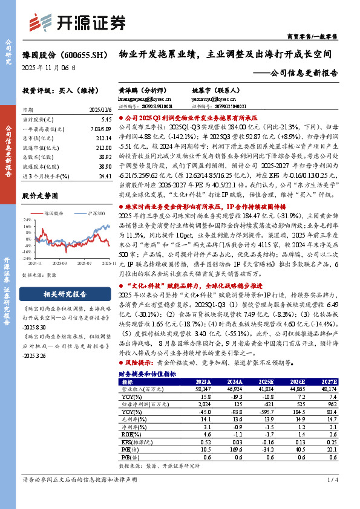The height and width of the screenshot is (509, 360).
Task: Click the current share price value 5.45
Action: (x=106, y=120)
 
